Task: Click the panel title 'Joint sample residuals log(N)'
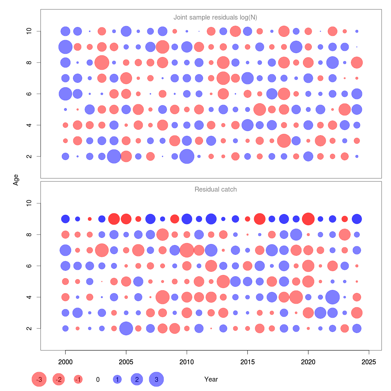[x=215, y=18]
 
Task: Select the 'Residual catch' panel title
[x=215, y=189]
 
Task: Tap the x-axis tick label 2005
[x=126, y=362]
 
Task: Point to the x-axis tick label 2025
[x=369, y=362]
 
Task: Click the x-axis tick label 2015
[x=247, y=362]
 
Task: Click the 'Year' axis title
[x=211, y=379]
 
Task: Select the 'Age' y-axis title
[x=16, y=180]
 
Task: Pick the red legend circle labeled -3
[x=39, y=379]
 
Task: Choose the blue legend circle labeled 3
[x=156, y=379]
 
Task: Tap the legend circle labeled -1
[x=78, y=379]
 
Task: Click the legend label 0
[x=98, y=380]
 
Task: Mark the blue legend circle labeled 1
[x=117, y=379]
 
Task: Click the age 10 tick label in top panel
[x=29, y=31]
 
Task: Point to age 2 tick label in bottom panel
[x=29, y=328]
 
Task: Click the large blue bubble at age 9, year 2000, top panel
[x=65, y=47]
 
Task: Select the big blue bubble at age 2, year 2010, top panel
[x=187, y=156]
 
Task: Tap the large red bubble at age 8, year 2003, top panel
[x=102, y=63]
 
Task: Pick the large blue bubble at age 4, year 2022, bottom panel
[x=332, y=297]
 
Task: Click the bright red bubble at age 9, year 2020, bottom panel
[x=308, y=219]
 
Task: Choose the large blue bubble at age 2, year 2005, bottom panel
[x=126, y=328]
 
